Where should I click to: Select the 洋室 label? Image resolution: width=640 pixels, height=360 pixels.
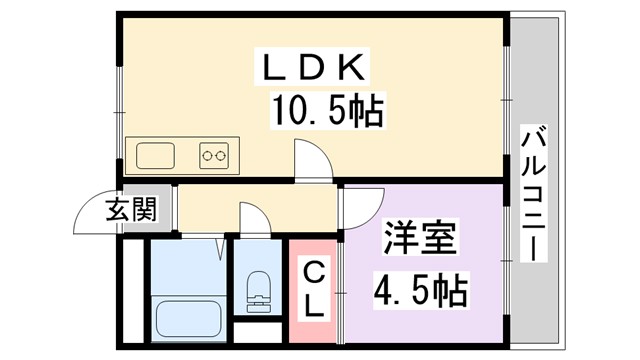coord(421,240)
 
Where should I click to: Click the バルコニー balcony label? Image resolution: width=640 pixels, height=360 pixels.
coord(534,194)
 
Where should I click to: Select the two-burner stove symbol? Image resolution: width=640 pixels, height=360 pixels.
coord(214,155)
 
